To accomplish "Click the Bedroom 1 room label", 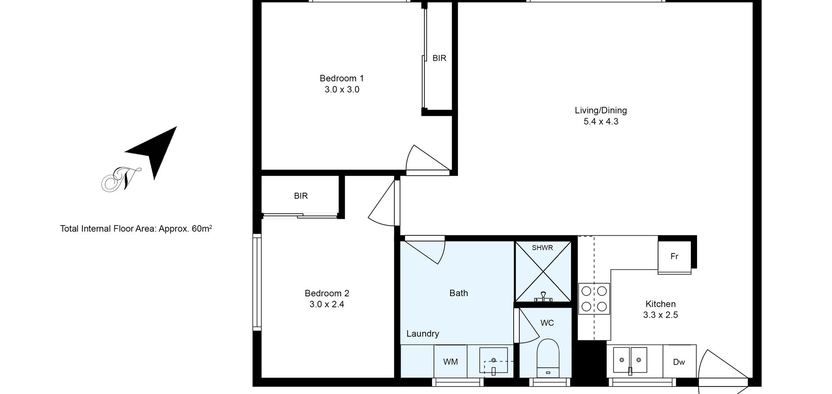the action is click(x=342, y=78).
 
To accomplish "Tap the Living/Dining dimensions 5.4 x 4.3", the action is click(x=601, y=121).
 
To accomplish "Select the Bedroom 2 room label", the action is click(x=327, y=293).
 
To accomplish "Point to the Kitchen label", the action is click(x=660, y=304).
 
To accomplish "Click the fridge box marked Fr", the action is click(x=674, y=257).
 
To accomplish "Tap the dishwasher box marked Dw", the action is click(x=679, y=362).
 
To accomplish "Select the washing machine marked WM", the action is click(x=451, y=362).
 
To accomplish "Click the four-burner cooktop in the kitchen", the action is click(x=594, y=299).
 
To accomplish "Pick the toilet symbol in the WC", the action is click(x=548, y=358).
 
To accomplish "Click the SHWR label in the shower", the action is click(x=542, y=248).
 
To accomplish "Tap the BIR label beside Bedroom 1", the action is click(x=439, y=58).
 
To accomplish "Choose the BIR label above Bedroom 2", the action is click(x=301, y=196).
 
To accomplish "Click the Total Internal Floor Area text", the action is click(x=136, y=228).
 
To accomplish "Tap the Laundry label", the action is click(x=423, y=334).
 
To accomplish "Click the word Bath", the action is click(x=458, y=293).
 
